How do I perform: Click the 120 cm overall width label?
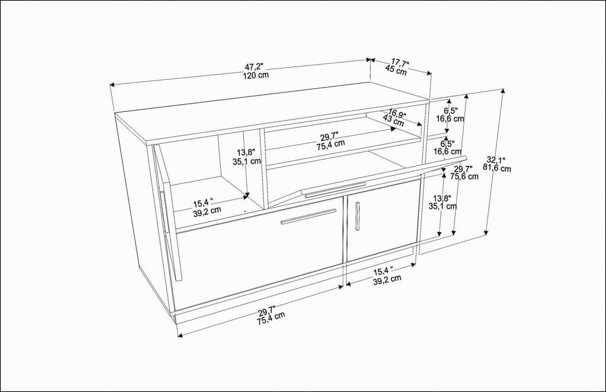(x=256, y=75)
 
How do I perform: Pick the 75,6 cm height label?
(x=465, y=176)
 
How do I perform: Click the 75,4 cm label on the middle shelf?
(x=331, y=144)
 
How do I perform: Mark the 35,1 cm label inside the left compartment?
(x=247, y=160)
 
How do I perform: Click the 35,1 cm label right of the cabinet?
(x=443, y=206)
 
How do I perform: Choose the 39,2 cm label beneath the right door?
(x=387, y=278)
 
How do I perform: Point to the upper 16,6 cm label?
(x=450, y=118)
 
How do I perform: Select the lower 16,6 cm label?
(x=448, y=152)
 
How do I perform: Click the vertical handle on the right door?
(x=357, y=216)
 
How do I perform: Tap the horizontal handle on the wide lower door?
(x=308, y=216)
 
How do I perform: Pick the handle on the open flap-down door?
(x=335, y=189)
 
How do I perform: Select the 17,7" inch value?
(x=399, y=61)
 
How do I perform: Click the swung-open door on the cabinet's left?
(x=169, y=213)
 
